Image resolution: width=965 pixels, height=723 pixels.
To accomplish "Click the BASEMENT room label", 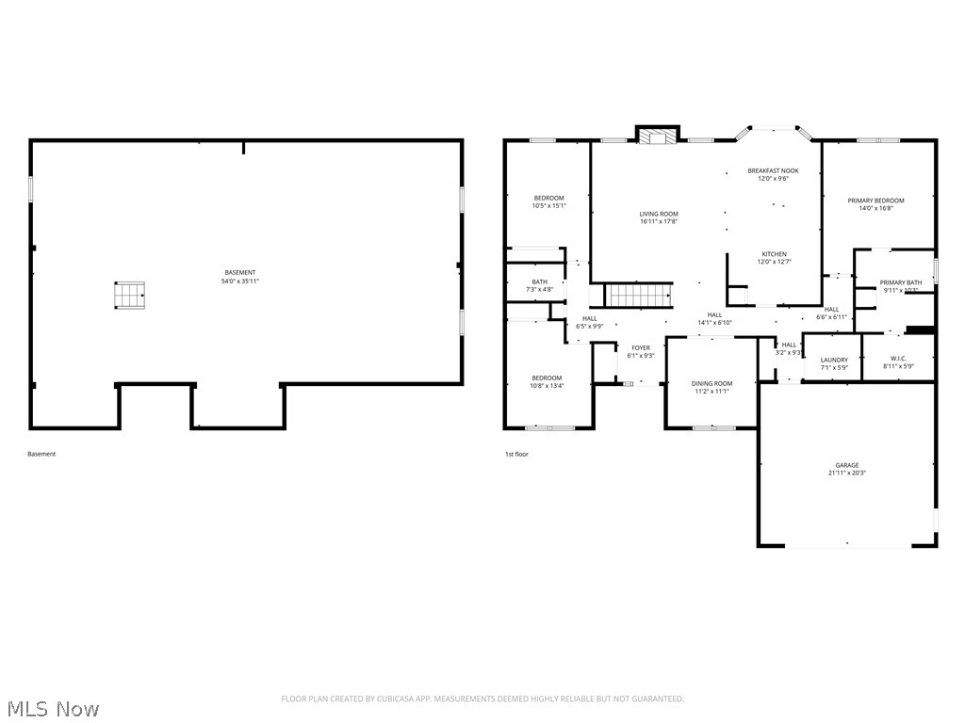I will coord(240,272).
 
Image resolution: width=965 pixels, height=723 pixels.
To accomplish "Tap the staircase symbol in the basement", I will coord(130,296).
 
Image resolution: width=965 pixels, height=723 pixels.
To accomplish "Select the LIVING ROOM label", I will coord(659,214).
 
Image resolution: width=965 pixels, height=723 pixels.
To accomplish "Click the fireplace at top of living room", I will coord(656,136).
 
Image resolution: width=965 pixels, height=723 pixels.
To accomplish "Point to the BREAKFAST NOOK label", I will coord(773,170).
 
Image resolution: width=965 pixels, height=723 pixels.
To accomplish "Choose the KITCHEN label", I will coord(774,254).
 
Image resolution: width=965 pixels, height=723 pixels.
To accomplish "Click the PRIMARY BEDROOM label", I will coord(875,201).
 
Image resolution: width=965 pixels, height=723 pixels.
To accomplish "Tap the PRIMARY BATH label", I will coord(901,282).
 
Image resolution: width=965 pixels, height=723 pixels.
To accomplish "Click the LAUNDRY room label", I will coord(834,360).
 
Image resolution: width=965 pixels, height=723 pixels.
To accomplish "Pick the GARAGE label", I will coord(846,465).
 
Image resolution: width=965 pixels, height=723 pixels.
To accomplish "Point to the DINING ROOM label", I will coord(711,383).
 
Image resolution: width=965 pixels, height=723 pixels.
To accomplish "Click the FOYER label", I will coord(640,348).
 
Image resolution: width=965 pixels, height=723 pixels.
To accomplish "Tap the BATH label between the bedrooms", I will coord(539,281).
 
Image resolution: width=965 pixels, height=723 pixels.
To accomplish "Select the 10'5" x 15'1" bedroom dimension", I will coord(548,205).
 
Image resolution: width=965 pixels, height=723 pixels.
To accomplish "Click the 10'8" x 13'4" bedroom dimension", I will coord(547,386).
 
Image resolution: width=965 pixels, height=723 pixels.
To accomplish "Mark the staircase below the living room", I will coord(640,296).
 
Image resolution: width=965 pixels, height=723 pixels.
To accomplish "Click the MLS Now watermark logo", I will coord(53,708).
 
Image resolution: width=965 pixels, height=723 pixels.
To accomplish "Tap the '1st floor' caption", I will coord(516,454).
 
